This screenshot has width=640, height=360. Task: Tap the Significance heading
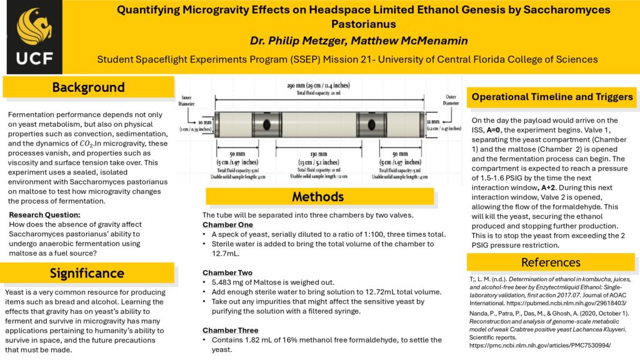tap(87, 272)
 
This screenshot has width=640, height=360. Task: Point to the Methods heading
tap(317, 197)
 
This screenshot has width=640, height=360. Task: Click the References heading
tap(551, 262)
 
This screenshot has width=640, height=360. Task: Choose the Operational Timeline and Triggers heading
tap(552, 97)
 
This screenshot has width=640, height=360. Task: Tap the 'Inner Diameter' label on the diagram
tap(189, 99)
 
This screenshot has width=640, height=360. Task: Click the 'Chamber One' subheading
tap(227, 224)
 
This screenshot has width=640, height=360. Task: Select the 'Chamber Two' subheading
tap(227, 272)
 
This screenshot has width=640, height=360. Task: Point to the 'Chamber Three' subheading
tap(231, 330)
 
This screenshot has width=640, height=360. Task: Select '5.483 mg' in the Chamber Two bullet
tap(228, 282)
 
